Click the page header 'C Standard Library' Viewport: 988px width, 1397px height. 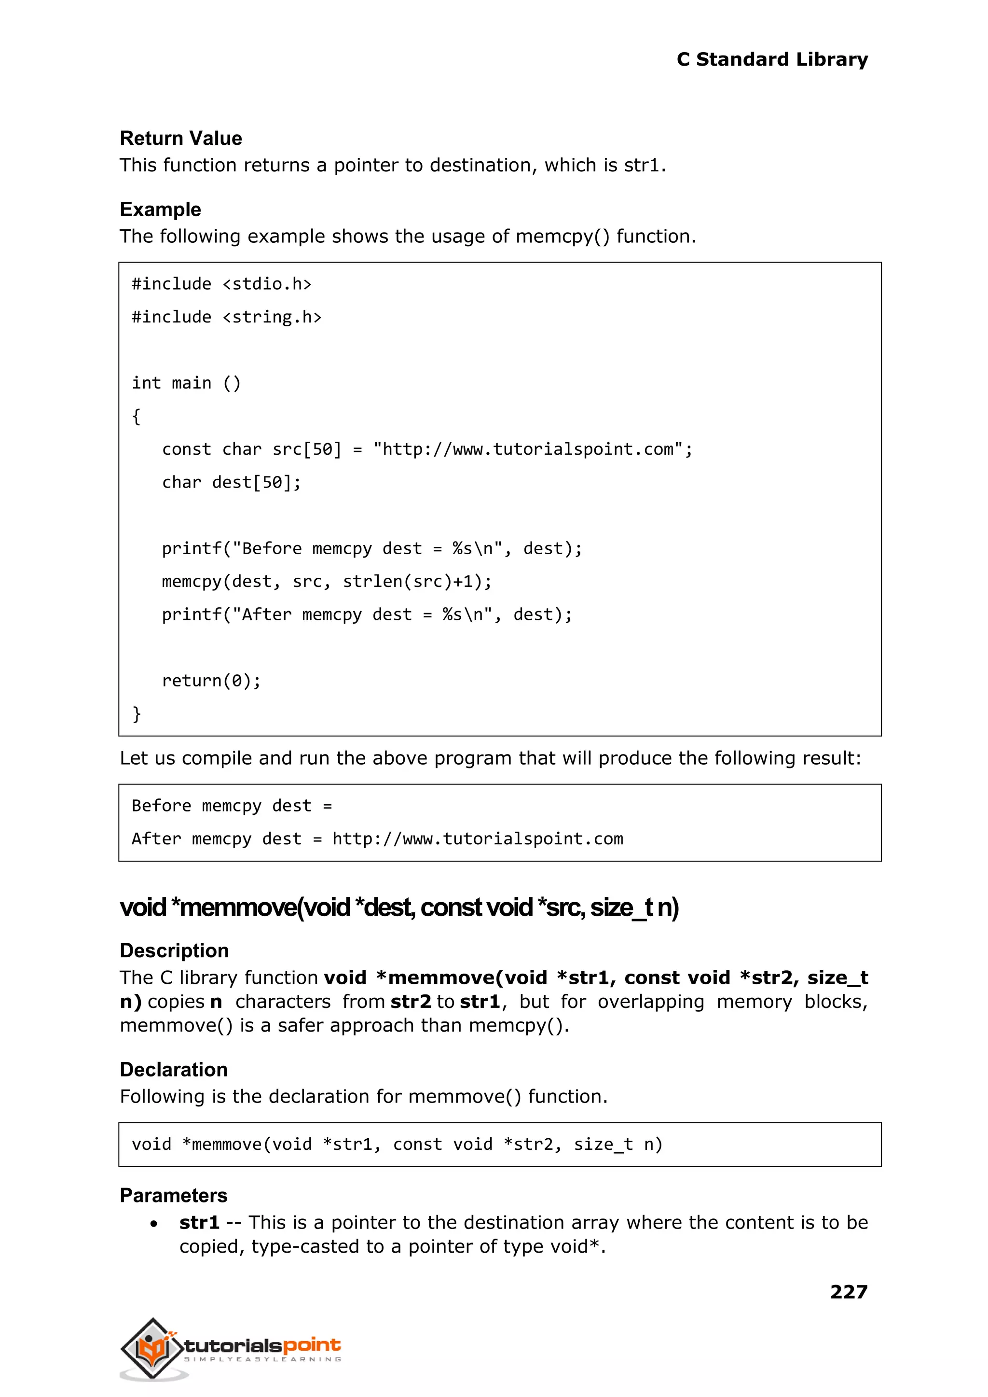click(x=772, y=60)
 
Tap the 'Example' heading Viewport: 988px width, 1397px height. click(x=160, y=210)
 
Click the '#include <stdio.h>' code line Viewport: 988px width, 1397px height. click(x=221, y=284)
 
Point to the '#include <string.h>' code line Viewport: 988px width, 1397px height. click(x=226, y=317)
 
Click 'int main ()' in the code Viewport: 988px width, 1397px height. click(x=186, y=383)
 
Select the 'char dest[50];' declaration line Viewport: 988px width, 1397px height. click(x=231, y=483)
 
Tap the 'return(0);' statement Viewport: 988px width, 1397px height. click(x=211, y=681)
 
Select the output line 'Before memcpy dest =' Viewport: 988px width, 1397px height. click(x=232, y=806)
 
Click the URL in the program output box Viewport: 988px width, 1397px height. click(x=478, y=839)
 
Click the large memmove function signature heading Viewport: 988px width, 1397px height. click(x=399, y=908)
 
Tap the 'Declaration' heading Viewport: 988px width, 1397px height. click(x=173, y=1070)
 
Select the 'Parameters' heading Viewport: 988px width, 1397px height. click(x=173, y=1196)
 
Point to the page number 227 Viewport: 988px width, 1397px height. click(x=849, y=1292)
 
